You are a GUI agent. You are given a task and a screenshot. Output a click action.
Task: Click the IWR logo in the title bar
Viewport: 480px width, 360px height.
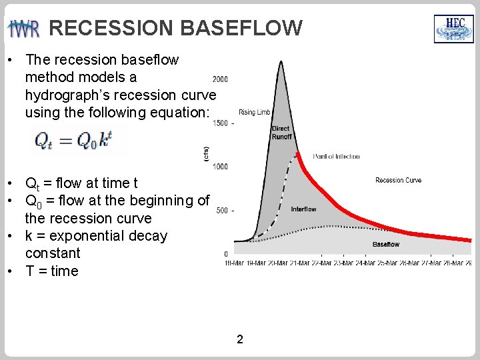coord(24,29)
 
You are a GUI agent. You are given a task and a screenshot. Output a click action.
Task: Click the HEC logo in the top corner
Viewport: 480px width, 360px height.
coord(453,29)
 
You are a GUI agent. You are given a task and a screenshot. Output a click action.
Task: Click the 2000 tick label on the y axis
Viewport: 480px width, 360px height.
coord(220,79)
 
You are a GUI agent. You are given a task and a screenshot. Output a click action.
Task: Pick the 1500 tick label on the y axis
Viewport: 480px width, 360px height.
coord(220,123)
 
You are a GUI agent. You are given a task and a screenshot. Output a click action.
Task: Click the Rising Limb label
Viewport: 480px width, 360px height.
coord(253,112)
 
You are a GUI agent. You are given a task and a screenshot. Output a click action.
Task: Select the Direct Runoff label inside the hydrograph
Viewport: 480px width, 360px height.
coord(281,133)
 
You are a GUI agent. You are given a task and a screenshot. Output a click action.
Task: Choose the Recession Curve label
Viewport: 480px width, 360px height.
coord(398,180)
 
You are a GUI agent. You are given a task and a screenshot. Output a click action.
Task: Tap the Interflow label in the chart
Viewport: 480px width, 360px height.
coord(303,209)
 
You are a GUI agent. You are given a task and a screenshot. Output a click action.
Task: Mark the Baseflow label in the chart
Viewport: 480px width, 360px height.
coord(386,245)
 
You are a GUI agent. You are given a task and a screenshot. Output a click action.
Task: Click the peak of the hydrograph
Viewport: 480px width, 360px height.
coord(281,62)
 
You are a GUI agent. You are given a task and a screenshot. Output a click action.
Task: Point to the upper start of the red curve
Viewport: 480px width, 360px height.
coord(297,154)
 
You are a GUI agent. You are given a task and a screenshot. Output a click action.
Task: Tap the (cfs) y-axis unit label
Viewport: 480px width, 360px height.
coord(206,154)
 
